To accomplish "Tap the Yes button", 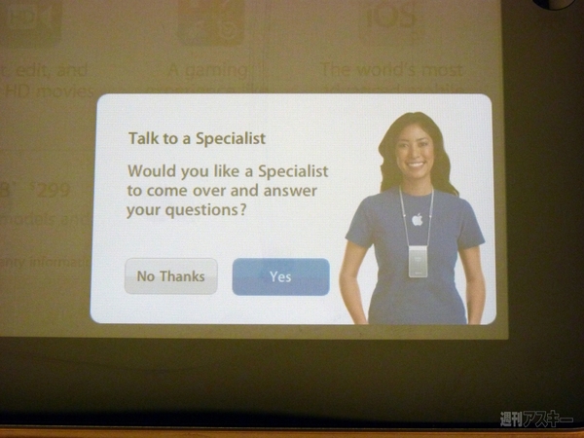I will [280, 276].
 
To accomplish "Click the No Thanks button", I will [171, 276].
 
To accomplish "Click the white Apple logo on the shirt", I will [418, 219].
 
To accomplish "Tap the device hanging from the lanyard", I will [418, 259].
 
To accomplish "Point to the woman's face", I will [414, 151].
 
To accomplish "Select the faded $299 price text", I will [49, 191].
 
